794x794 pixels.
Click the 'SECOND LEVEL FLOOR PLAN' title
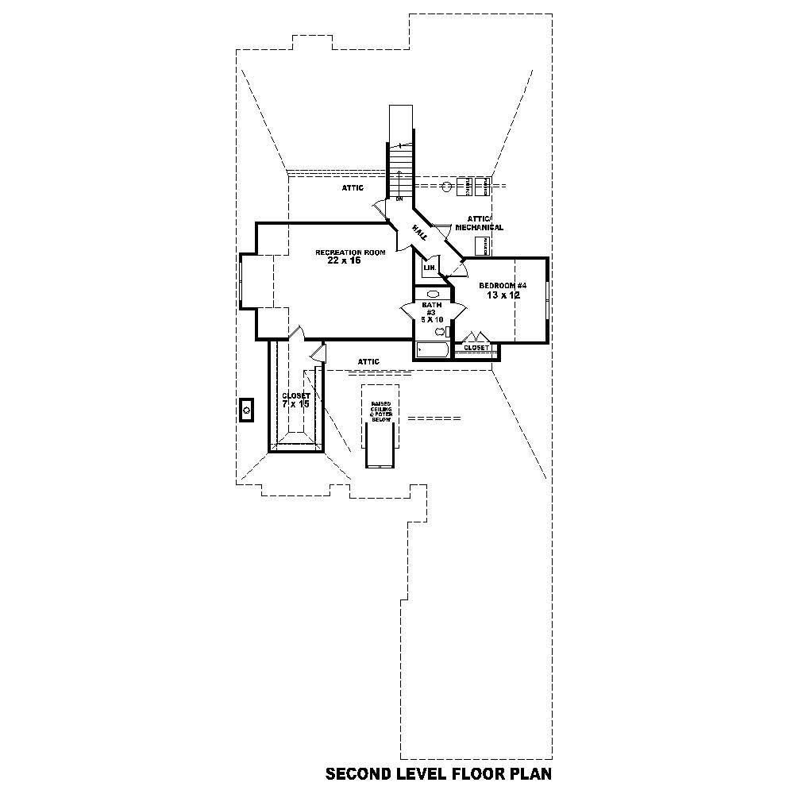click(438, 773)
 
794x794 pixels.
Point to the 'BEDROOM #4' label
click(503, 285)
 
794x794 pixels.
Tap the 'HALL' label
click(419, 232)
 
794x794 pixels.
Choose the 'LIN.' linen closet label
click(429, 268)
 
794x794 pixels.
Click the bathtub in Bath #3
click(432, 349)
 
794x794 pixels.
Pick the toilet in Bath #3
click(441, 331)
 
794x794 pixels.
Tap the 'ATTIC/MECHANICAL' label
click(479, 223)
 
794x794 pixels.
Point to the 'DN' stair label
click(399, 198)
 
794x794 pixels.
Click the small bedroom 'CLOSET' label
click(476, 348)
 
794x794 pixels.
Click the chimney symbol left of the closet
click(246, 410)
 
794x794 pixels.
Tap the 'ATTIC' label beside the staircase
click(353, 188)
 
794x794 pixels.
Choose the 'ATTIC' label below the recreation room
click(368, 362)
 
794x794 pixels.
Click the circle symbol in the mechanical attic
click(447, 187)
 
